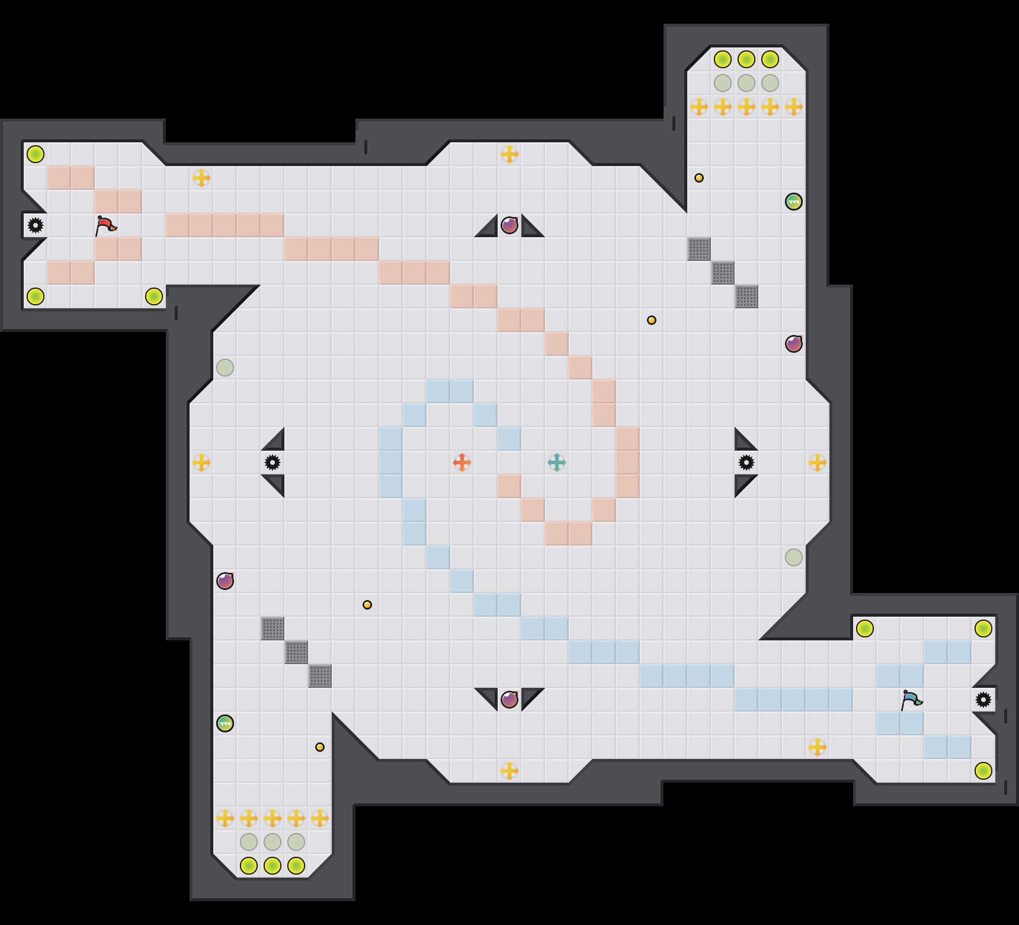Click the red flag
coord(105,225)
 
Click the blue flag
coord(911,700)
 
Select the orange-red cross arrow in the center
coord(462,462)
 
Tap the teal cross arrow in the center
coord(557,462)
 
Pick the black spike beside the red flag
coord(36,225)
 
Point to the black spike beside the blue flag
coord(983,700)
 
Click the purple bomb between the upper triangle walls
coord(509,225)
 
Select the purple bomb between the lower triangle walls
coord(509,700)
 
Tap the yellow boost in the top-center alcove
coord(509,154)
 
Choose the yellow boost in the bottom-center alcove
coord(509,771)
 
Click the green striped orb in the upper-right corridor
coord(794,202)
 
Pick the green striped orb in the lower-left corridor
coord(225,723)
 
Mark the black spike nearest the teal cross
coord(746,462)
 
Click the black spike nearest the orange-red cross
coord(273,462)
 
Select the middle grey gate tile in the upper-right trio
coord(723,273)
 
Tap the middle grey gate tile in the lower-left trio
coord(296,652)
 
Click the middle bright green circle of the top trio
coord(746,59)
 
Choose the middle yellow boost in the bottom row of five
coord(273,818)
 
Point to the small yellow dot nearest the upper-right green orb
coord(699,178)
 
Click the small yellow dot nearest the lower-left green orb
coord(320,747)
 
